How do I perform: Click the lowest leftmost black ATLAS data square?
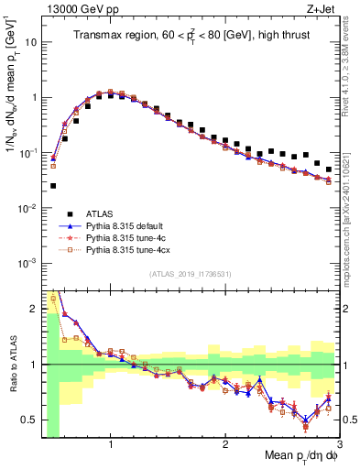[x=53, y=186]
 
